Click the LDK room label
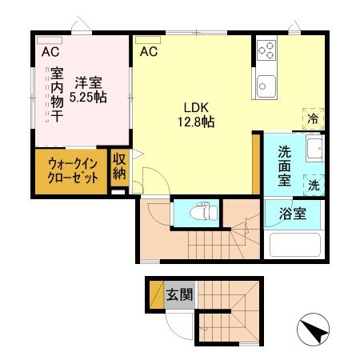tap(196, 108)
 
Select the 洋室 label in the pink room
tap(89, 82)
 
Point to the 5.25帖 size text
tap(88, 97)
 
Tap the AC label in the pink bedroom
tap(50, 52)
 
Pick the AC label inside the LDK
tap(148, 52)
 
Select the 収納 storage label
tap(119, 168)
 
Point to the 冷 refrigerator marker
tap(312, 116)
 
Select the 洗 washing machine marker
tap(312, 183)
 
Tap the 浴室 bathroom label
tap(292, 214)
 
